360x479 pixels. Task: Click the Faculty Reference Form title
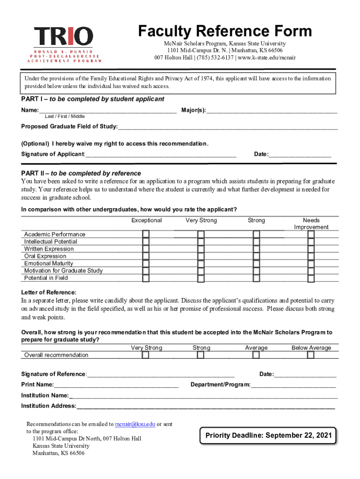pos(224,31)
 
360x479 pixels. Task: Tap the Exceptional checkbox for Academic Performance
pos(146,234)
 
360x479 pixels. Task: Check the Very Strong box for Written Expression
pos(201,249)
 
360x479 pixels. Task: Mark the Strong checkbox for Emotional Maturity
pos(256,263)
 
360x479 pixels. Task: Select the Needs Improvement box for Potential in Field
pos(311,278)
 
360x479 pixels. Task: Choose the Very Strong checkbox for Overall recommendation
pos(146,355)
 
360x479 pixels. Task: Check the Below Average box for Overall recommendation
pos(311,355)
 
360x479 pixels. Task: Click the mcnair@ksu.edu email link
pos(135,424)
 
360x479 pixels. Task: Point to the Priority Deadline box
pos(268,435)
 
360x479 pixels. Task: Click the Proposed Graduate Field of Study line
pos(228,127)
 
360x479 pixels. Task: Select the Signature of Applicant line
pos(161,154)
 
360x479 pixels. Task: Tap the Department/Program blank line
pos(293,385)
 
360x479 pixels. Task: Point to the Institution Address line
pos(206,406)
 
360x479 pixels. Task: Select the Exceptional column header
pos(146,220)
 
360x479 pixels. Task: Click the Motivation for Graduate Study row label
pos(63,271)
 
